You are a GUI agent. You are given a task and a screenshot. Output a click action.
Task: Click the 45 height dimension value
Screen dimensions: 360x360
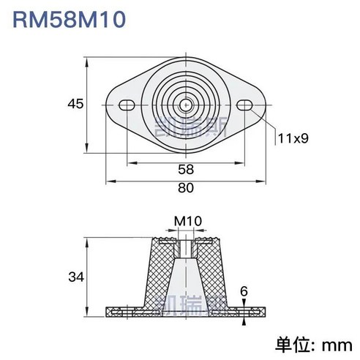(x=73, y=104)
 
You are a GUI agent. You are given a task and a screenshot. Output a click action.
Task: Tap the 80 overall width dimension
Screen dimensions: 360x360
(x=186, y=188)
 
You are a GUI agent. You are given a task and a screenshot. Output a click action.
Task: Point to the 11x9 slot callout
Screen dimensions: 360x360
(x=293, y=137)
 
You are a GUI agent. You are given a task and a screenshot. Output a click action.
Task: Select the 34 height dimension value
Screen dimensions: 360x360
(x=75, y=277)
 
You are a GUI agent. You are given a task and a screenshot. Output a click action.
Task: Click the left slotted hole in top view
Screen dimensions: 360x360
(x=127, y=105)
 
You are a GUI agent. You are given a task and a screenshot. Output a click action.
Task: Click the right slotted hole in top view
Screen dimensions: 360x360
(x=247, y=105)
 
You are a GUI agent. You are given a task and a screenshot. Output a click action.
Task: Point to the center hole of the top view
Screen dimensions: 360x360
(x=187, y=105)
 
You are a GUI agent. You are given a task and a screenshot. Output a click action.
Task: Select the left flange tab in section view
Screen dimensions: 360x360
(x=124, y=312)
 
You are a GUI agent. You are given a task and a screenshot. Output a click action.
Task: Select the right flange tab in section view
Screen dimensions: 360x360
(x=249, y=312)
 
